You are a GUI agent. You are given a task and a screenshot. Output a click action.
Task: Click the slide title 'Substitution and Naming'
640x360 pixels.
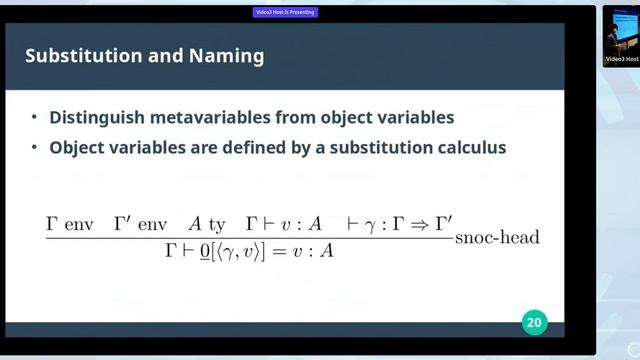pyautogui.click(x=146, y=56)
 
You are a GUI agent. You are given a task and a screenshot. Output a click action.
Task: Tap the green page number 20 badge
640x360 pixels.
pyautogui.click(x=533, y=323)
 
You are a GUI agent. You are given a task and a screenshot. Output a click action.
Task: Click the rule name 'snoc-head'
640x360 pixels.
pyautogui.click(x=497, y=237)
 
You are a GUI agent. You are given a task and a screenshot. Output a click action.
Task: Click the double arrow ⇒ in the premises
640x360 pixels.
pyautogui.click(x=404, y=225)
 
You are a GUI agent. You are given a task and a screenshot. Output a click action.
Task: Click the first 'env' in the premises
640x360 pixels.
pyautogui.click(x=79, y=225)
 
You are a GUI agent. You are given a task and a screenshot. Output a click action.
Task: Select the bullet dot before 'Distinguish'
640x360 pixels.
pyautogui.click(x=36, y=116)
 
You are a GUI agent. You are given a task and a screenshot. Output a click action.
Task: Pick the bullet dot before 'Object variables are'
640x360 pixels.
pyautogui.click(x=36, y=148)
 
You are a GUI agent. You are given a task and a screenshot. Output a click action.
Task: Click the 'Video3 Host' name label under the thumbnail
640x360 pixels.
pyautogui.click(x=621, y=60)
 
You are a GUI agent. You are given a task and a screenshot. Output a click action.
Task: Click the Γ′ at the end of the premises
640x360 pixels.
pyautogui.click(x=432, y=224)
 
